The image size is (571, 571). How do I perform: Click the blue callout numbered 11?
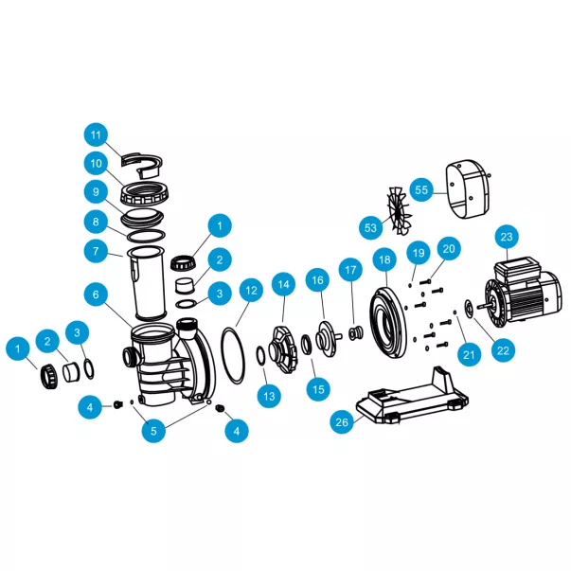click(x=96, y=135)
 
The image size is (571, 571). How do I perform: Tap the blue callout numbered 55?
click(x=421, y=189)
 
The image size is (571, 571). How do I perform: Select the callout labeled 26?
click(x=342, y=422)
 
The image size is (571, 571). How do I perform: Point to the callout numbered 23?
click(x=507, y=237)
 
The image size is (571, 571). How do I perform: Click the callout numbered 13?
click(x=269, y=396)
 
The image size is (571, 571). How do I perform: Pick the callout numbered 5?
click(x=153, y=431)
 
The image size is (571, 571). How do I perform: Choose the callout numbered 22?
click(x=503, y=350)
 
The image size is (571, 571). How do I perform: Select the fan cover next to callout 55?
click(x=467, y=189)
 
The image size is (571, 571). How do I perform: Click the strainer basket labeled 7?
click(x=147, y=284)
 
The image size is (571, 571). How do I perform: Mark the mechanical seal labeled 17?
click(x=355, y=333)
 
